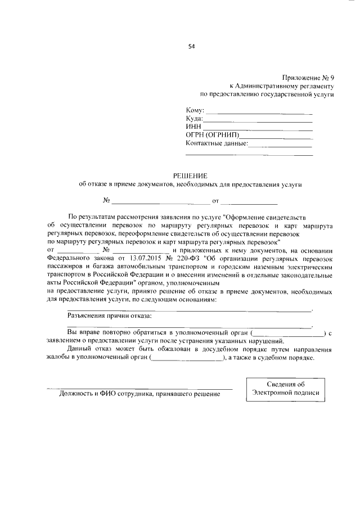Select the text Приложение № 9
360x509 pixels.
pyautogui.click(x=308, y=78)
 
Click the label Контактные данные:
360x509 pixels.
pyautogui.click(x=217, y=143)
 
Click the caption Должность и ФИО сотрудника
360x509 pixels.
pyautogui.click(x=139, y=394)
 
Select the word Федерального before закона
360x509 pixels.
pyautogui.click(x=70, y=258)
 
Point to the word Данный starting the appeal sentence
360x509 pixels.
pyautogui.click(x=79, y=350)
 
